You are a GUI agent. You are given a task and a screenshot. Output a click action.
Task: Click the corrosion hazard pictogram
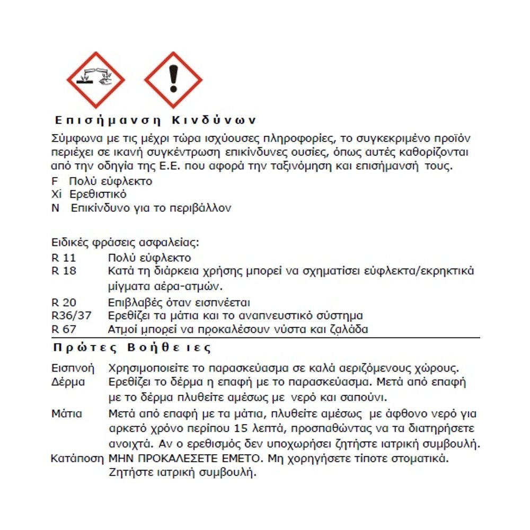coord(97,79)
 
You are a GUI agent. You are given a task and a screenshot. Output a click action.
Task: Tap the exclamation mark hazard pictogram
coord(173,79)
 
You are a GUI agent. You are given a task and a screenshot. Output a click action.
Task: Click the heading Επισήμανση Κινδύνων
coord(156,119)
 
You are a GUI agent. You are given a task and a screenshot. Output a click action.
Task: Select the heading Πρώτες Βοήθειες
coord(132,348)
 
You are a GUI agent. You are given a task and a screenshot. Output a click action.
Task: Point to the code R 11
coord(64,258)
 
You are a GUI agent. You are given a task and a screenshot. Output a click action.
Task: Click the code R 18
coord(64,271)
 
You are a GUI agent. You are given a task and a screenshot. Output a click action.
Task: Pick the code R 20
coord(64,303)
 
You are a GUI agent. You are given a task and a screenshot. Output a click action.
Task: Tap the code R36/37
coord(72,316)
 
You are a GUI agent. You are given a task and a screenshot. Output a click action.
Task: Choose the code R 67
coord(64,329)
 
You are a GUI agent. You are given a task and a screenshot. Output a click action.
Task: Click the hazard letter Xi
coord(57,195)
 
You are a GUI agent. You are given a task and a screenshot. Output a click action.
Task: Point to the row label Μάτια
coord(66,413)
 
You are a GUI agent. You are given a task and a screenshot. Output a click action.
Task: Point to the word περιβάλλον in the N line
coord(202,208)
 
